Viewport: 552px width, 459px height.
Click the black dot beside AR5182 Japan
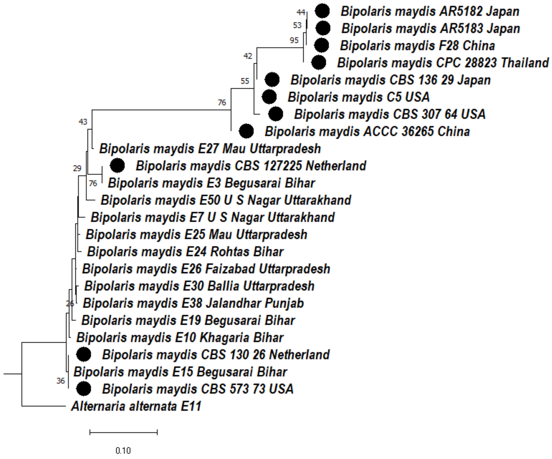(x=322, y=11)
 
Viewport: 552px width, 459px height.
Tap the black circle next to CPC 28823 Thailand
(x=319, y=63)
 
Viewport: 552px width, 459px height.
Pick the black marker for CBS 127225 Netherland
(x=117, y=165)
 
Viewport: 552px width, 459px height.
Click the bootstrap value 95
(x=294, y=40)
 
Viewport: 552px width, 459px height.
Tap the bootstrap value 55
(x=245, y=81)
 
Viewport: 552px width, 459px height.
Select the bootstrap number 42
(x=248, y=56)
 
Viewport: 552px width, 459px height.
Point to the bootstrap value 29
(x=77, y=168)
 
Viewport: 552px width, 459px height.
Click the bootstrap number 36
(x=61, y=381)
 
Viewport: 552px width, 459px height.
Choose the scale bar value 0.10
(x=123, y=451)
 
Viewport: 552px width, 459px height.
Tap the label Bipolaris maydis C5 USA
(x=359, y=97)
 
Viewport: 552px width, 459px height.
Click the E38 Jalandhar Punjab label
(x=193, y=303)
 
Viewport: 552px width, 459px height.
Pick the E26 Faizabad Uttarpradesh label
(x=206, y=269)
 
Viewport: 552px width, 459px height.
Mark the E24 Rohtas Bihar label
(x=185, y=252)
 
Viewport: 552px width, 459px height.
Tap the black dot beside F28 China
(x=321, y=45)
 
